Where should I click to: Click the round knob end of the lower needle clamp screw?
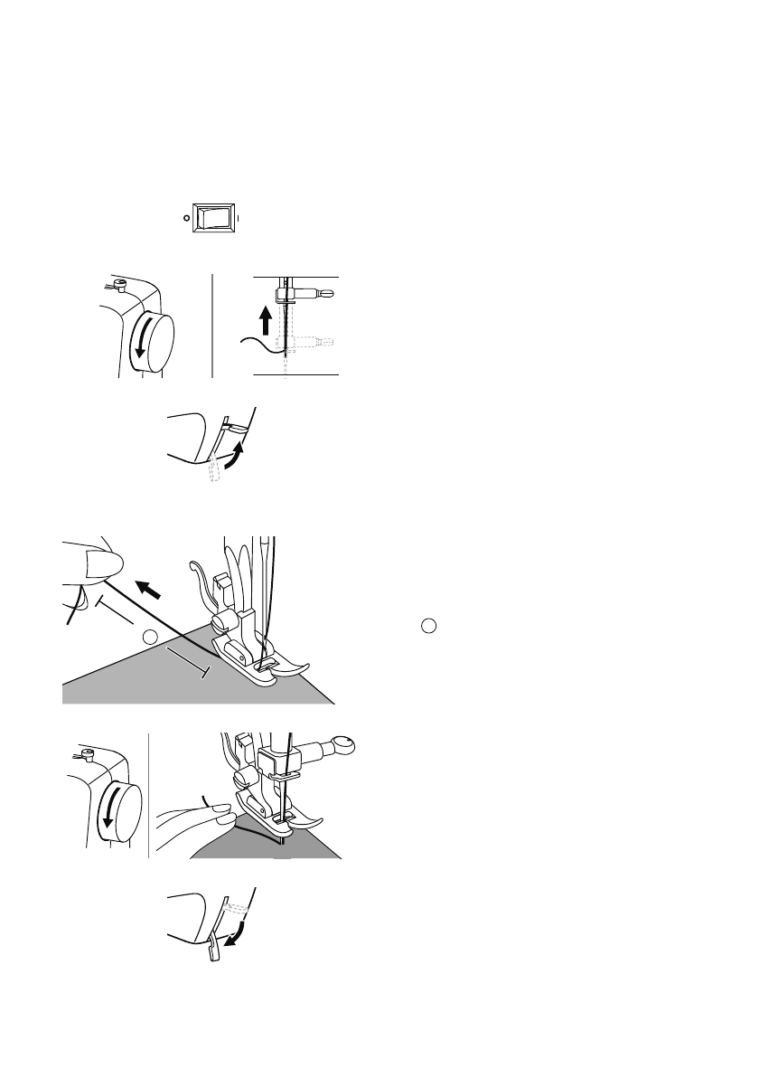(345, 746)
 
